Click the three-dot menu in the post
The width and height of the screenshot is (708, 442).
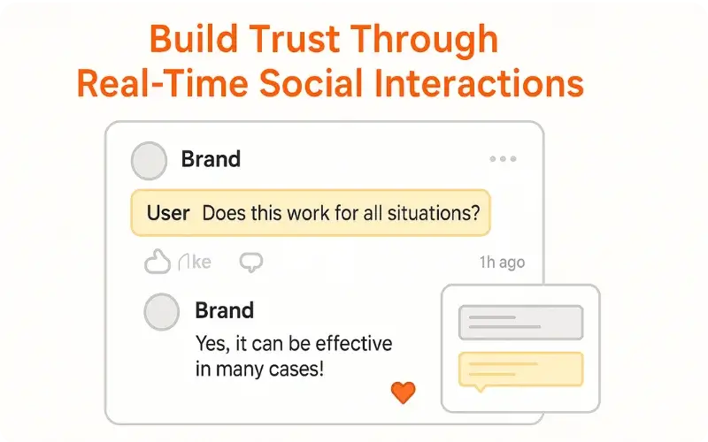[503, 159]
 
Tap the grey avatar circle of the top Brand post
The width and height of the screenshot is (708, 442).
[149, 161]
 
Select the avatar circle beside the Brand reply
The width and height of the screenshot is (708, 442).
[161, 312]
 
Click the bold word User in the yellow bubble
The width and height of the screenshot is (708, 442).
[168, 213]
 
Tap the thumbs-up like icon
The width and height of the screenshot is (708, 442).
[157, 262]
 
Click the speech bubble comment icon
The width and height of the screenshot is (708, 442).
[251, 262]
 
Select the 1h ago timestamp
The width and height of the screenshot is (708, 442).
[502, 263]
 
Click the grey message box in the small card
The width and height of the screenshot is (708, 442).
[520, 323]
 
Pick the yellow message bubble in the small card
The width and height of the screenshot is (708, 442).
[520, 370]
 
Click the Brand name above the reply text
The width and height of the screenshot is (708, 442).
[224, 310]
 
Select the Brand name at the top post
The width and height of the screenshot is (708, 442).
[211, 159]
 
